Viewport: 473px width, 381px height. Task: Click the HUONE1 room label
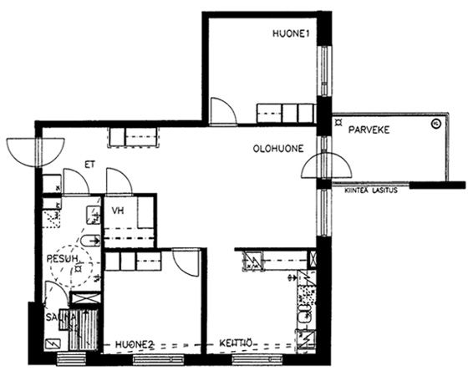click(291, 33)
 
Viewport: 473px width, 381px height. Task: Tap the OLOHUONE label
click(278, 149)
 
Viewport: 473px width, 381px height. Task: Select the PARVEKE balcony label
click(369, 130)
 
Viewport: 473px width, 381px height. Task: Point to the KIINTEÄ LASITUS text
click(371, 190)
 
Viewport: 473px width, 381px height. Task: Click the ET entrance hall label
click(90, 165)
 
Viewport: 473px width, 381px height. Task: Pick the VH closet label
click(118, 211)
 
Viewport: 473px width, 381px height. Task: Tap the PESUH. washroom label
click(63, 258)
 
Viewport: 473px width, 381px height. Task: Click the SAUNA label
click(60, 317)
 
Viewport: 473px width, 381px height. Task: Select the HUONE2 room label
click(135, 344)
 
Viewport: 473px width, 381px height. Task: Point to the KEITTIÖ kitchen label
click(236, 343)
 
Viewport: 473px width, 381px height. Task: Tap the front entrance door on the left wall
click(36, 152)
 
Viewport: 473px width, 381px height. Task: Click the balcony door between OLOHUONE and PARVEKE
click(327, 165)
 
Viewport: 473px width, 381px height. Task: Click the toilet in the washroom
click(90, 241)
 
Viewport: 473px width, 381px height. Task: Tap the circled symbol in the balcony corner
click(435, 124)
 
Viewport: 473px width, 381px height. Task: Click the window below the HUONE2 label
click(159, 359)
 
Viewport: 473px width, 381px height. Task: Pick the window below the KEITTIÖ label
click(257, 359)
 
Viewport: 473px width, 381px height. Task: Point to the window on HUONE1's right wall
click(324, 71)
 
